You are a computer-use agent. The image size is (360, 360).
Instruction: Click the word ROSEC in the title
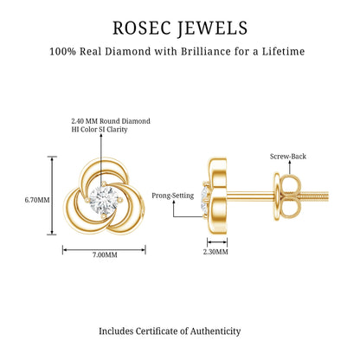click(x=141, y=28)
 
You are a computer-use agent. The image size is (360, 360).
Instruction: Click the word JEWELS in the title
click(x=212, y=29)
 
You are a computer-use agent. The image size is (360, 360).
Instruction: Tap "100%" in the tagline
click(x=62, y=52)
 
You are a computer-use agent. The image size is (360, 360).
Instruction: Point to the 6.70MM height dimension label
click(x=37, y=200)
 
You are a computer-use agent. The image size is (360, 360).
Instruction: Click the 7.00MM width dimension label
click(x=105, y=254)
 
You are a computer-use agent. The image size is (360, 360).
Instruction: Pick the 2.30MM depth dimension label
click(x=215, y=252)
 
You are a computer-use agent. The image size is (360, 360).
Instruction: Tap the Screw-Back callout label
click(x=288, y=157)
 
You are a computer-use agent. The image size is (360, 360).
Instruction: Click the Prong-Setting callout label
click(x=173, y=196)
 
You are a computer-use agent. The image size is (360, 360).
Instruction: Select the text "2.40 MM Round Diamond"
click(x=111, y=121)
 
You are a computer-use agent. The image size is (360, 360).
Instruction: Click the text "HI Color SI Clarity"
click(x=100, y=129)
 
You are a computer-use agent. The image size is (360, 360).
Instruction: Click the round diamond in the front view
click(x=104, y=199)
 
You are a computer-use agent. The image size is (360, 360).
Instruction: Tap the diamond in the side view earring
click(x=205, y=199)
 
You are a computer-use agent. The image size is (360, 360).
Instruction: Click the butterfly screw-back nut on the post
click(x=287, y=197)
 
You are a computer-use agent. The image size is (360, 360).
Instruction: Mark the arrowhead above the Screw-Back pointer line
click(x=289, y=163)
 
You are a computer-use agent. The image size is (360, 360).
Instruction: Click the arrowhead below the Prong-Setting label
click(x=174, y=202)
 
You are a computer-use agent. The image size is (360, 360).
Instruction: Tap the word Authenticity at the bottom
click(x=215, y=331)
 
